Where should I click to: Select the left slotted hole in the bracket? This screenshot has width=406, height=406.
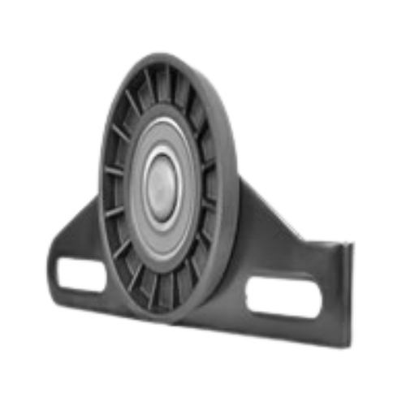[x=81, y=274]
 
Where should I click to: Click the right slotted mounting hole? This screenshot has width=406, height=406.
[x=283, y=296]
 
